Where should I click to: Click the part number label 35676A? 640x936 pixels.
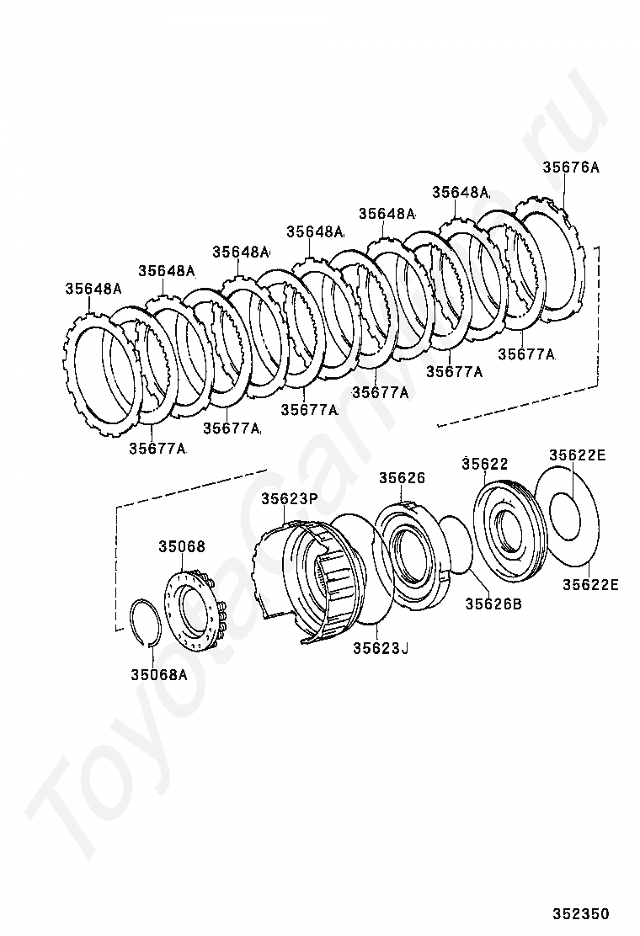570,168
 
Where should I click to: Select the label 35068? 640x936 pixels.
181,546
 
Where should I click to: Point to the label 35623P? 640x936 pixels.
289,498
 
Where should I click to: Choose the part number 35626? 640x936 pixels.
402,477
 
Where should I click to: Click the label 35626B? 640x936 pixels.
493,603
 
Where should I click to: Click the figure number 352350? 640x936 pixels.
581,914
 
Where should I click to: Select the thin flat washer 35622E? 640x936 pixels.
565,519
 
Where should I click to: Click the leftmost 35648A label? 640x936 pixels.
93,289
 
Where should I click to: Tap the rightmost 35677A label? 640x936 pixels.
526,354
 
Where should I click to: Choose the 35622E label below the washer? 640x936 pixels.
590,585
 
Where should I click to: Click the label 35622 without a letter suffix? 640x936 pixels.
485,464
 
